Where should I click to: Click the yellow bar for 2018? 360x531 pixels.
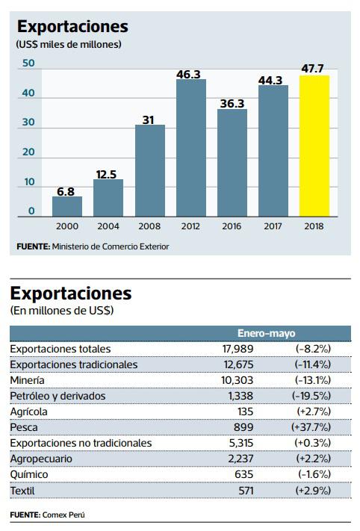[314, 146]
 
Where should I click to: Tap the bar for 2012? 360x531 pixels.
[190, 148]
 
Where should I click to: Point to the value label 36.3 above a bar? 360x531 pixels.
[232, 104]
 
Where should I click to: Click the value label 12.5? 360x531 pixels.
[108, 174]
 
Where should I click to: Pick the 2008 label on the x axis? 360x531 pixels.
[149, 226]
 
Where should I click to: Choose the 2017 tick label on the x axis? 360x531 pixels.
[273, 226]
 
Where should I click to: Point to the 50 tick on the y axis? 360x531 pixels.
[28, 64]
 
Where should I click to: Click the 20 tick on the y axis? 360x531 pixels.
[28, 152]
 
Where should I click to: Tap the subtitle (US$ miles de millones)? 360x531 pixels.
[68, 45]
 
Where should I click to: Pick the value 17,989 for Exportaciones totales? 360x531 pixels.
[240, 349]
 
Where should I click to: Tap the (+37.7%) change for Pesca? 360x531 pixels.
[312, 427]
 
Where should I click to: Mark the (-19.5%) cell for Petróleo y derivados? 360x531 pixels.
[313, 396]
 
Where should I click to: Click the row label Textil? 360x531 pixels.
[25, 490]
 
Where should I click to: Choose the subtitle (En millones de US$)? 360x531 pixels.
[60, 309]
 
